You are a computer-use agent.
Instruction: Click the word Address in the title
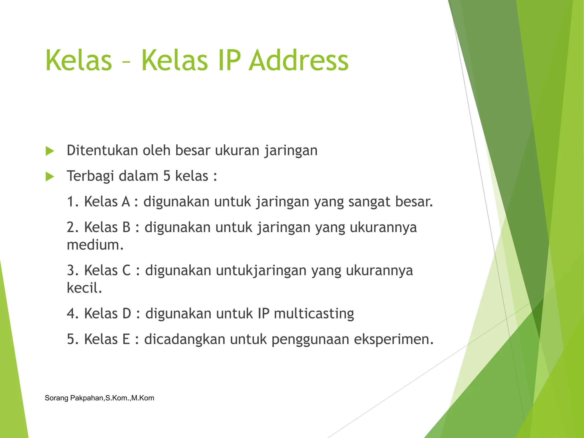click(x=299, y=60)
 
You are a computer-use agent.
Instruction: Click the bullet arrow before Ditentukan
click(x=50, y=151)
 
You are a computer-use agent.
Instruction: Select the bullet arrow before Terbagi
click(x=50, y=177)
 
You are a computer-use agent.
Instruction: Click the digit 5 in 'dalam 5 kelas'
click(x=167, y=176)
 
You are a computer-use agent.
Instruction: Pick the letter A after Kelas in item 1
click(x=126, y=202)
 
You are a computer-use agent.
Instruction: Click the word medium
click(x=95, y=245)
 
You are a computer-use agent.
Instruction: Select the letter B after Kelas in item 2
click(x=126, y=227)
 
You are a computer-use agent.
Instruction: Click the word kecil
click(x=84, y=288)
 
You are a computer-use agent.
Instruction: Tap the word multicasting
click(x=314, y=314)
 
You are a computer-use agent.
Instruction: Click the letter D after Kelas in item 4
click(x=127, y=313)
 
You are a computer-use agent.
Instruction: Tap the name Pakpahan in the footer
click(x=87, y=398)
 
